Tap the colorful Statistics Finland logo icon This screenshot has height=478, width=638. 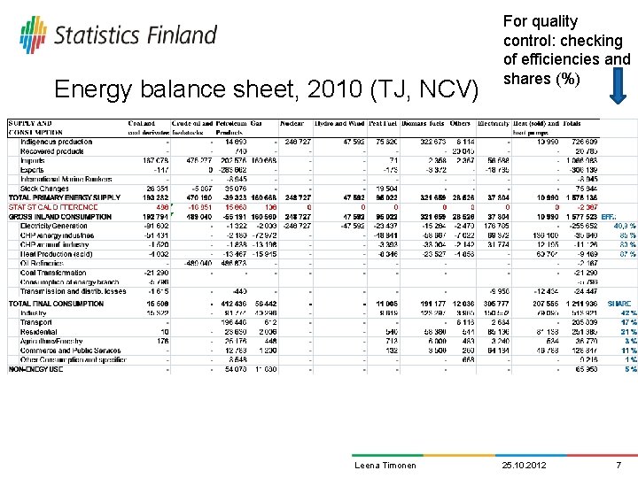point(33,35)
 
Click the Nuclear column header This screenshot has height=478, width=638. point(293,124)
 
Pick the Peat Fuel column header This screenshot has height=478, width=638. point(381,124)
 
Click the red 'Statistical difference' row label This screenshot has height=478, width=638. point(53,207)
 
